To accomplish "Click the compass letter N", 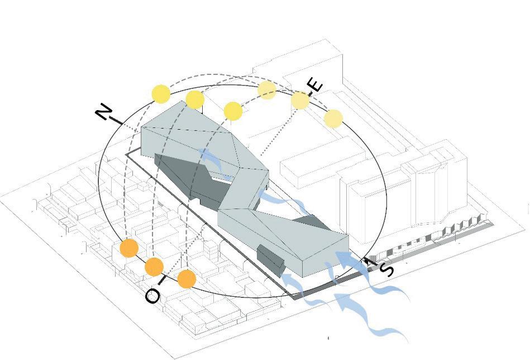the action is (103, 112).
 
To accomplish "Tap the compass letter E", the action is (316, 85).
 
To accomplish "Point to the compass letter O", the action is (152, 296).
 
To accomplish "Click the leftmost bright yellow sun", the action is (161, 94).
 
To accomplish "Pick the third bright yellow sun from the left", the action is (233, 111).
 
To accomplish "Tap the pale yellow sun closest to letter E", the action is (300, 101).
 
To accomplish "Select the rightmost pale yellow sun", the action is (333, 119).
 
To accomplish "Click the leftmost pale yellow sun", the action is (267, 89).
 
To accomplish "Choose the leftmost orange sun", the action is (130, 248).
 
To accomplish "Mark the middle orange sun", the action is (154, 267).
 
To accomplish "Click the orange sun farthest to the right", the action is (186, 279).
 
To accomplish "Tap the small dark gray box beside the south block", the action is (271, 260).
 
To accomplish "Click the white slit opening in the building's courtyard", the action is (223, 178).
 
